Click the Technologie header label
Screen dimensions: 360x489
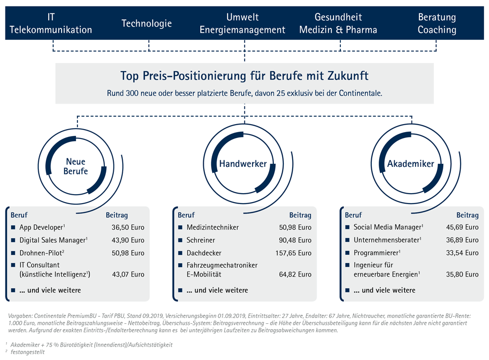coord(147,23)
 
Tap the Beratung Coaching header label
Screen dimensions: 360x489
coord(436,23)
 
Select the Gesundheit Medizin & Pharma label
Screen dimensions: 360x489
coord(338,23)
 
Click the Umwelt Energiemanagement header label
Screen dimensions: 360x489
coord(243,23)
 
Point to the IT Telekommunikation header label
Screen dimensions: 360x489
coord(51,23)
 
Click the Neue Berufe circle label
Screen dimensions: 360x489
coord(76,166)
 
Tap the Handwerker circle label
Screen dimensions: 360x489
coord(243,164)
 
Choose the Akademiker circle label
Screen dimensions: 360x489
coord(410,164)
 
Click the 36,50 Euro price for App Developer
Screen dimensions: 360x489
coord(128,227)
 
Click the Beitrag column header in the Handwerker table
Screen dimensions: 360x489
coord(300,215)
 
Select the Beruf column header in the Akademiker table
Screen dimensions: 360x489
coord(353,215)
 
